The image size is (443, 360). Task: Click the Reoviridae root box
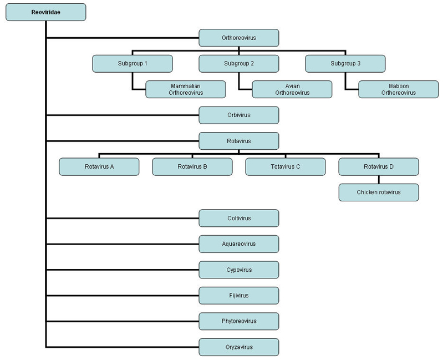point(46,12)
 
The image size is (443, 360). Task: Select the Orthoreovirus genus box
point(239,38)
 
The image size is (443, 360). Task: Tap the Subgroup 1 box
point(133,64)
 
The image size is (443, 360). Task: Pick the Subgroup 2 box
point(239,64)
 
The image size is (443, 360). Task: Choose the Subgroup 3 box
point(345,64)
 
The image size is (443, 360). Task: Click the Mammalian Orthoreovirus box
point(186,89)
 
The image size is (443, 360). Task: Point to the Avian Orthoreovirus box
point(292,89)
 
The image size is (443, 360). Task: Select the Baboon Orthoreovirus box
point(399,89)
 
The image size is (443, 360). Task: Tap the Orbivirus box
point(239,115)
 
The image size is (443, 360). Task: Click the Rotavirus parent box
point(239,141)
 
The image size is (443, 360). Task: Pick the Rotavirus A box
point(99,167)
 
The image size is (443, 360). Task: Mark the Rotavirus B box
point(192,167)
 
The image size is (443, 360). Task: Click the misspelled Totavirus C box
point(286,167)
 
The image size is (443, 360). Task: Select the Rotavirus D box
point(379,167)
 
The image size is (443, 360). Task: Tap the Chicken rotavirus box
point(379,192)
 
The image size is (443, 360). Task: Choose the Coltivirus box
point(239,218)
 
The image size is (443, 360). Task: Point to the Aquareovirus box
point(239,244)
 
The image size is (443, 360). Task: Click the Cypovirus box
point(239,270)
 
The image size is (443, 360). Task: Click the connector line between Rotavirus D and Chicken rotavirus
point(379,180)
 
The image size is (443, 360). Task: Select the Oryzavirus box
point(239,347)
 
